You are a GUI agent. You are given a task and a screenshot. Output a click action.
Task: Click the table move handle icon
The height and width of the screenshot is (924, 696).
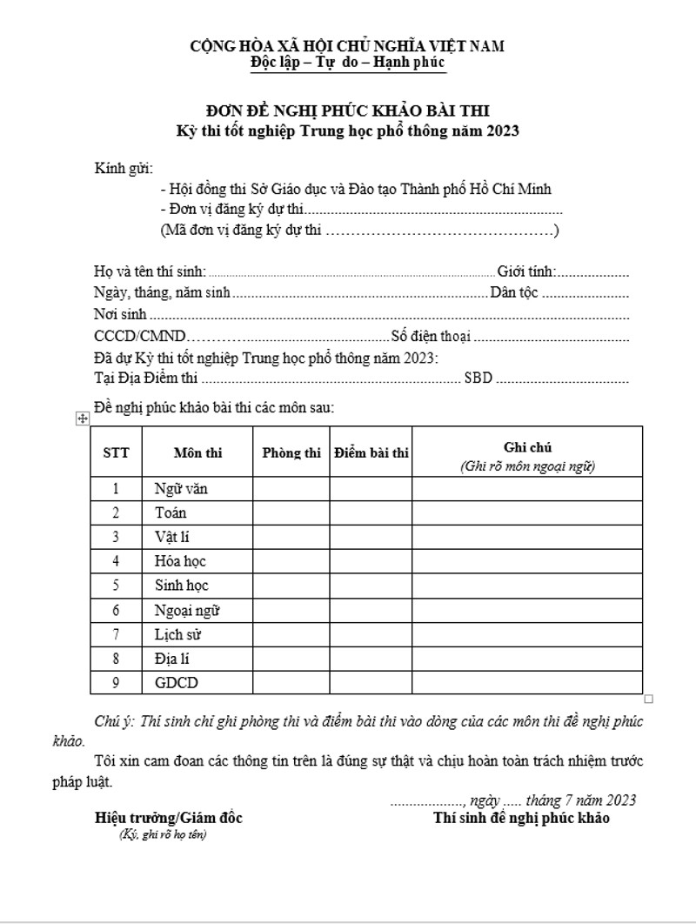(83, 419)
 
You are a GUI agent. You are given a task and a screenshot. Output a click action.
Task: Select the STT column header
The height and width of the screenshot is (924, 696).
(116, 452)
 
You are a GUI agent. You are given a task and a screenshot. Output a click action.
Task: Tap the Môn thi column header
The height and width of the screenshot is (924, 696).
(197, 452)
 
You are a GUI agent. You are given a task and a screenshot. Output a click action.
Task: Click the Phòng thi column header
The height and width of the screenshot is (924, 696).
(291, 452)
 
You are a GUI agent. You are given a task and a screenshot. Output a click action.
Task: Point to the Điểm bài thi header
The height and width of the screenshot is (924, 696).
(371, 452)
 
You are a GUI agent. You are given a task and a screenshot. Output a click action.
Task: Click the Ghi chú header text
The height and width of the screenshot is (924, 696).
(527, 447)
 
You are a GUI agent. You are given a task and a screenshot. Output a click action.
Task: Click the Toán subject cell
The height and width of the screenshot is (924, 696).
(171, 513)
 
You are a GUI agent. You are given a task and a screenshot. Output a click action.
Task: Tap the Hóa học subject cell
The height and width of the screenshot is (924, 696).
(180, 561)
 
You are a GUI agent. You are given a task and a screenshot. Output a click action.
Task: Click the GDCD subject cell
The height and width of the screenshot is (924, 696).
(176, 683)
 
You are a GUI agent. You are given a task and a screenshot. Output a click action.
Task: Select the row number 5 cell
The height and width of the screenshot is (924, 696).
(116, 586)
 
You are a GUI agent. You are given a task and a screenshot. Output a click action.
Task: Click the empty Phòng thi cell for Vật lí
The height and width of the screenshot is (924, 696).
(291, 537)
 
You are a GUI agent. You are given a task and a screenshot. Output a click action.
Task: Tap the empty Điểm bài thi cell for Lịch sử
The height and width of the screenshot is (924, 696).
(371, 634)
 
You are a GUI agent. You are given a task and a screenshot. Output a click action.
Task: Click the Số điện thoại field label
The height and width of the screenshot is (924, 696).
(431, 337)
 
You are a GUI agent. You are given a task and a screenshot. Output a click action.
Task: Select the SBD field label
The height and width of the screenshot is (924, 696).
(478, 378)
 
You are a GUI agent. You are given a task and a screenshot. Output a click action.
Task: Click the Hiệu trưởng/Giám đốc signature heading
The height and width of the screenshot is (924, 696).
(169, 818)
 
